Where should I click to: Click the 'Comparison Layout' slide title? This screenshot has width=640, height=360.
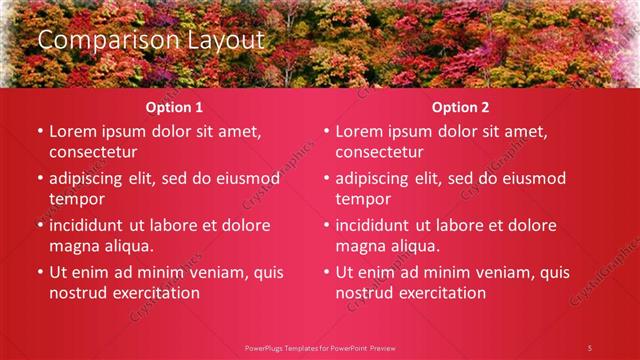(151, 40)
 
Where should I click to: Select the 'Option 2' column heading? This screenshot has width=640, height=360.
(460, 107)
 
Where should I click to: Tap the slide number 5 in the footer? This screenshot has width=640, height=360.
(590, 347)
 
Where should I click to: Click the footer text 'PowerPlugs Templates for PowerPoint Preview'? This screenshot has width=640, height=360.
(320, 347)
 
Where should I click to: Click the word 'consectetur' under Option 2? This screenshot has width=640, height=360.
(379, 153)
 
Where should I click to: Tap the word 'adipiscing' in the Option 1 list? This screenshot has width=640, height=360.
(91, 179)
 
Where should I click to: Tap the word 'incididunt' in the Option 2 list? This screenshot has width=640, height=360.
(377, 225)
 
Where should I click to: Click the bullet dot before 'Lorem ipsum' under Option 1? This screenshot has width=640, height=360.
(40, 132)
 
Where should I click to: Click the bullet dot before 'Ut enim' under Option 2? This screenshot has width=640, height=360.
(326, 272)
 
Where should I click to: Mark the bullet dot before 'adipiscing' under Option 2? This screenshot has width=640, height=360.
(326, 179)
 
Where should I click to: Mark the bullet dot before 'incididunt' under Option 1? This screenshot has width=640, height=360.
(40, 225)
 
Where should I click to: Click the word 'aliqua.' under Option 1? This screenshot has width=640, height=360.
(126, 246)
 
